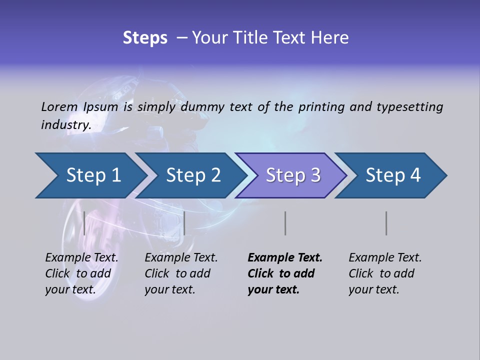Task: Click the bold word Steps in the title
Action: coord(145,38)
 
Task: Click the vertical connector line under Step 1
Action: coord(84,223)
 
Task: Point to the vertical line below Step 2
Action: coord(184,223)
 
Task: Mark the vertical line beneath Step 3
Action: coord(285,223)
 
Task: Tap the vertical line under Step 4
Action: coord(386,223)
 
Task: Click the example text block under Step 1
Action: coord(81,273)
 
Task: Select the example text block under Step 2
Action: coord(181,273)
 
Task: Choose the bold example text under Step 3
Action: coord(285,273)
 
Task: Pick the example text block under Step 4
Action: coord(385,273)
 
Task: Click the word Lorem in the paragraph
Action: coord(59,107)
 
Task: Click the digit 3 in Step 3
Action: coord(315,175)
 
